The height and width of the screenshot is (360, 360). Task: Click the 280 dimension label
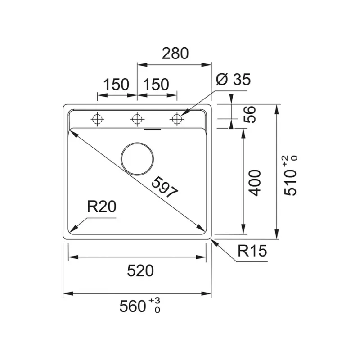pos(175,53)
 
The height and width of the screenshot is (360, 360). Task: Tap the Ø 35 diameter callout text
pos(233,79)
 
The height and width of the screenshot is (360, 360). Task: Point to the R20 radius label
pos(102,207)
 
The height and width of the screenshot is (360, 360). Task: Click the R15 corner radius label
pos(252,251)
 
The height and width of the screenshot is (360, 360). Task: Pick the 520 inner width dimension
pos(140,270)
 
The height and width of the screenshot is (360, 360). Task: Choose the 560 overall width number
pos(133,306)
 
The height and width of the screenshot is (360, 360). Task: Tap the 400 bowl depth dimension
pos(255,183)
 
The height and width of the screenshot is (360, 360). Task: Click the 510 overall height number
pos(290,183)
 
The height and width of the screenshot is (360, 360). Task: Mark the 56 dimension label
pos(250,115)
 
